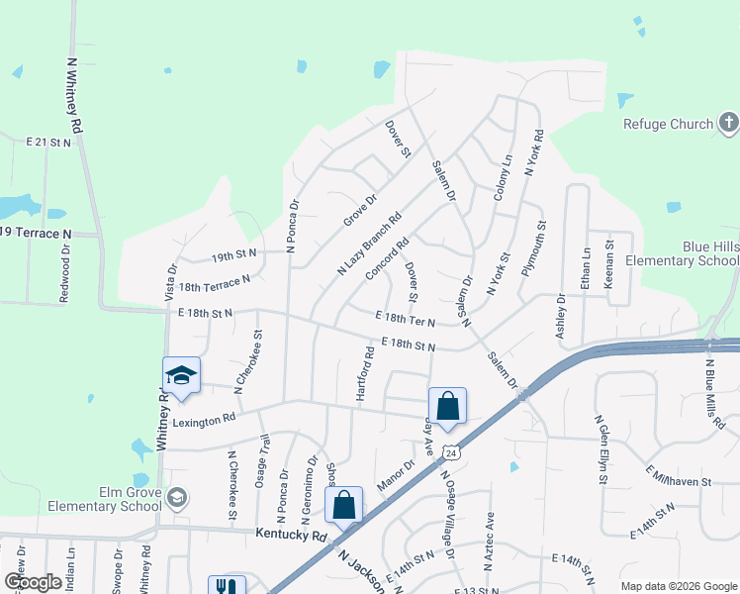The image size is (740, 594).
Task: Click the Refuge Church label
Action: point(668,124)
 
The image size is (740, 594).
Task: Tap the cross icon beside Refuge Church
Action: point(728,123)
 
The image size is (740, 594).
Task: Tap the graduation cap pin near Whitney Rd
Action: point(181,375)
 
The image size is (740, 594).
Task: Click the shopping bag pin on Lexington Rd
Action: point(447,405)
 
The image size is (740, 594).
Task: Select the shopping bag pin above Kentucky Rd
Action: point(343,505)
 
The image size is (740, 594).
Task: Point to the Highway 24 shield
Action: point(449,452)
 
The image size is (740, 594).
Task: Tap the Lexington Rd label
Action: point(205,420)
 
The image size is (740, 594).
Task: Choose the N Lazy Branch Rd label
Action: point(369,244)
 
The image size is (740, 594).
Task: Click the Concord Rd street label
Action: point(387,259)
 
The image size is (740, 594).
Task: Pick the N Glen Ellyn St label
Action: point(600,449)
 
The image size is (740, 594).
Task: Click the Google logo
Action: point(32,582)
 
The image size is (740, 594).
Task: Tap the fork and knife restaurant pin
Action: point(225,586)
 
